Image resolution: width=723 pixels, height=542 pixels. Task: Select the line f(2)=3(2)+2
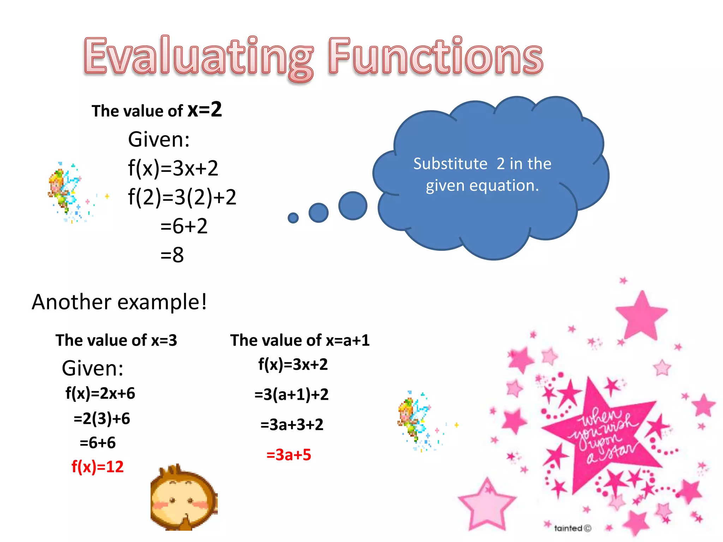pyautogui.click(x=182, y=197)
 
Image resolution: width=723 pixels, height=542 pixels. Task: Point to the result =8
pyautogui.click(x=172, y=254)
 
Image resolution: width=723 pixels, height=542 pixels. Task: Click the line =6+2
pyautogui.click(x=184, y=226)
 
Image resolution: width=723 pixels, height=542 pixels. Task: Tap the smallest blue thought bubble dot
pyautogui.click(x=293, y=218)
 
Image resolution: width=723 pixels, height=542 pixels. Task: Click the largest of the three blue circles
pyautogui.click(x=353, y=206)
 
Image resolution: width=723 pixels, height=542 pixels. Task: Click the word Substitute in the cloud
pyautogui.click(x=450, y=164)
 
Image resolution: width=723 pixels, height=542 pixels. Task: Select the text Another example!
pyautogui.click(x=119, y=302)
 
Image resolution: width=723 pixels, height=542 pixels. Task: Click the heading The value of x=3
pyautogui.click(x=116, y=340)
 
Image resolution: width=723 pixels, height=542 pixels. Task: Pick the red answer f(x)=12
pyautogui.click(x=97, y=466)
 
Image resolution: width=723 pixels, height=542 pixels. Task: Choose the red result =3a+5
pyautogui.click(x=288, y=454)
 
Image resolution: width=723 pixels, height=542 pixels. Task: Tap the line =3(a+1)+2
pyautogui.click(x=291, y=394)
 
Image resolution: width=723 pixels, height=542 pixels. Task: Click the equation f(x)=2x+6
pyautogui.click(x=100, y=393)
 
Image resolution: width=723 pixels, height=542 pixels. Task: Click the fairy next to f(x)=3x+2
pyautogui.click(x=64, y=191)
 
